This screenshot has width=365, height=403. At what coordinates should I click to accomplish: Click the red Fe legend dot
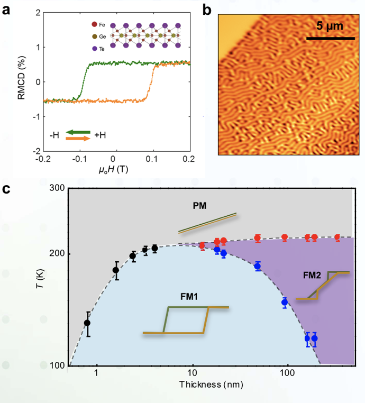point(94,24)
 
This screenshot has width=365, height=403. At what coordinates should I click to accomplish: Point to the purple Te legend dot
point(94,48)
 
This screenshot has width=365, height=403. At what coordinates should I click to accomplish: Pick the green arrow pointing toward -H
point(78,132)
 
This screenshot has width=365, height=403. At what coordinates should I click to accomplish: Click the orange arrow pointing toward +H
point(78,139)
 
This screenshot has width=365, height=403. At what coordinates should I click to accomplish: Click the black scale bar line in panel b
point(331,38)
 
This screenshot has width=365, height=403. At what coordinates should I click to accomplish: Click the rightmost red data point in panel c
point(337,237)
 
